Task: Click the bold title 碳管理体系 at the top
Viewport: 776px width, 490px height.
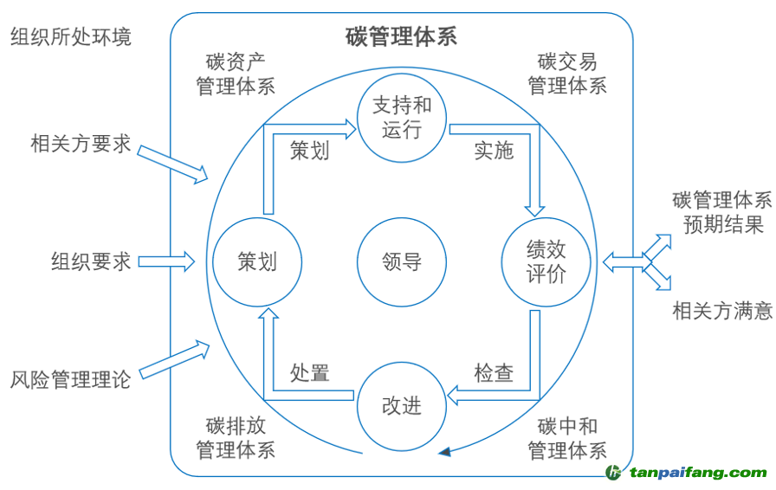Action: [x=401, y=36]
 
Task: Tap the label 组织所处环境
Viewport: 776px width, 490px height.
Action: [x=71, y=36]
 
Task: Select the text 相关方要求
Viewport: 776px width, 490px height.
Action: [x=81, y=143]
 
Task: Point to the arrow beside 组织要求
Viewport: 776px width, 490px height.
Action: [x=166, y=261]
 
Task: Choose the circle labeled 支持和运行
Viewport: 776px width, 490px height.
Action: [x=401, y=118]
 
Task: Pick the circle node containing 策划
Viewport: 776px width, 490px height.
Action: [x=257, y=261]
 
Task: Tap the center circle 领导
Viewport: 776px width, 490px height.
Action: [x=401, y=261]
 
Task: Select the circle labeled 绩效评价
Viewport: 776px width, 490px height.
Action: [x=546, y=261]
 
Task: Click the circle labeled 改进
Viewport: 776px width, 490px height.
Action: [x=401, y=405]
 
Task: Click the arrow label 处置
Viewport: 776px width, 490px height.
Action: [x=309, y=373]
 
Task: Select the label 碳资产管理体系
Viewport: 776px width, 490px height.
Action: [x=236, y=74]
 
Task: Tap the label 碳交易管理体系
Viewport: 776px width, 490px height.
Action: [x=567, y=74]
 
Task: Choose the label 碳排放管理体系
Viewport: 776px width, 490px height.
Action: [x=236, y=438]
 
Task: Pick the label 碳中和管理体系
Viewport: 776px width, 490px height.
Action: [x=567, y=438]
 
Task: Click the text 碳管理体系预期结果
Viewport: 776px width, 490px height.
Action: [x=722, y=213]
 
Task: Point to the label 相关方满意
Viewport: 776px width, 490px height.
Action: [x=722, y=310]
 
